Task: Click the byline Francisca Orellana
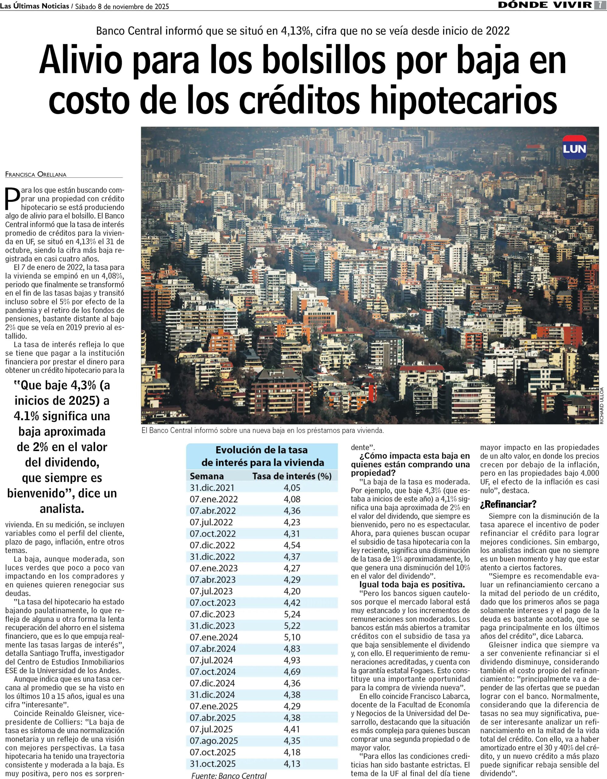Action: coord(36,174)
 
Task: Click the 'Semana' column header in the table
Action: coord(207,476)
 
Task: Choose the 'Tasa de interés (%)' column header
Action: coord(292,476)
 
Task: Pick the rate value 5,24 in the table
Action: coord(292,614)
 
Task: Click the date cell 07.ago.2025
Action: coord(214,741)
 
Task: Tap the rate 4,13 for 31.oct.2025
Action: coord(292,764)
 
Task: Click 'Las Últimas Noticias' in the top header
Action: coord(35,6)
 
